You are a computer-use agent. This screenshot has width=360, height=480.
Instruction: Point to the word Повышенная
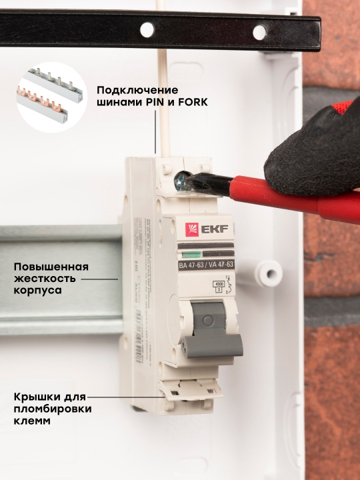coord(51,266)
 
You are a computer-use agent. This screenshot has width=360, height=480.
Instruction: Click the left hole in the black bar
coord(145,29)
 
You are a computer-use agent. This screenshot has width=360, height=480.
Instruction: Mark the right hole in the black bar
coord(259,31)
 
